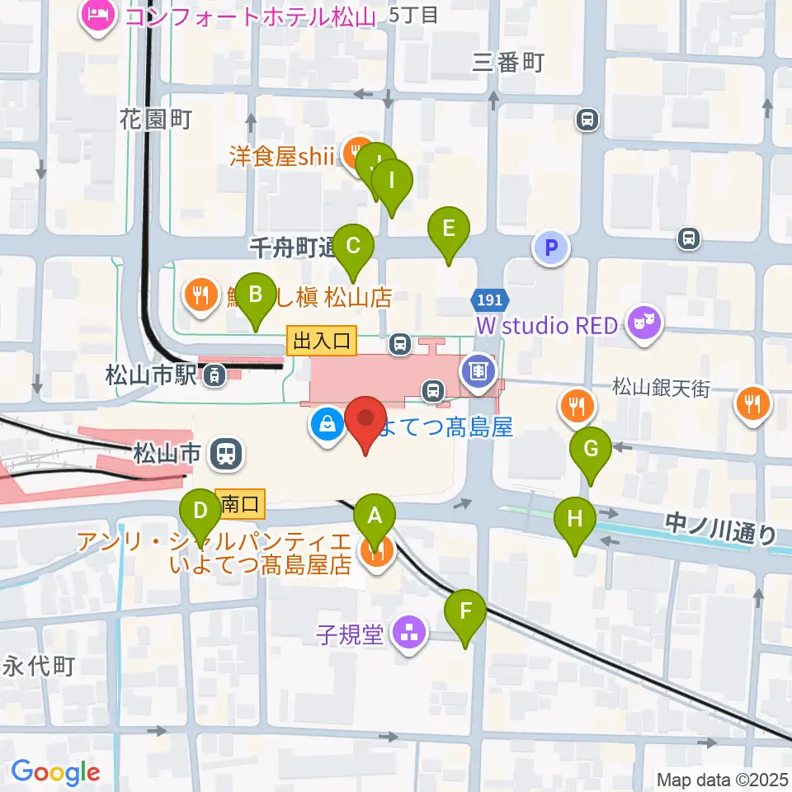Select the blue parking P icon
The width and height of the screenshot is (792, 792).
551,247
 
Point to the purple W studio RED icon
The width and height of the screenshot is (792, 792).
645,325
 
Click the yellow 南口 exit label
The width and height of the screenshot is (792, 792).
240,504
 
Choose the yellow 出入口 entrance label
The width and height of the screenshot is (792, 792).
322,338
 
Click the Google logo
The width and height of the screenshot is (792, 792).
55,773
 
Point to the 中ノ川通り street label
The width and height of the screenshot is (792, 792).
720,528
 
